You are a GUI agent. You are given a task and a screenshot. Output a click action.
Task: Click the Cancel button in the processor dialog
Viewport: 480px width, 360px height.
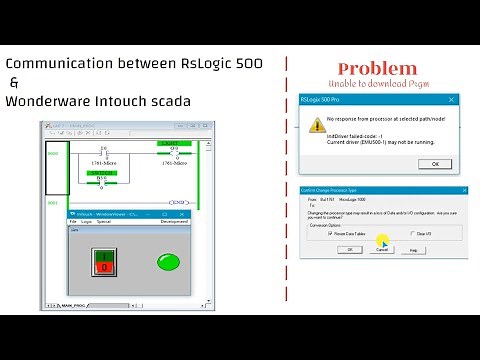click(381, 249)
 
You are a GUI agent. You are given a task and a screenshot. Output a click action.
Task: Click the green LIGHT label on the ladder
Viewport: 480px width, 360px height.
click(175, 144)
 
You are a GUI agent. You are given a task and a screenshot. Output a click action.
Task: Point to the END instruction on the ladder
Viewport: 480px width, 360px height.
click(178, 202)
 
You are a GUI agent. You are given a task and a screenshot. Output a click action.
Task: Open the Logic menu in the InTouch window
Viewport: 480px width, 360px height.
click(87, 221)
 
